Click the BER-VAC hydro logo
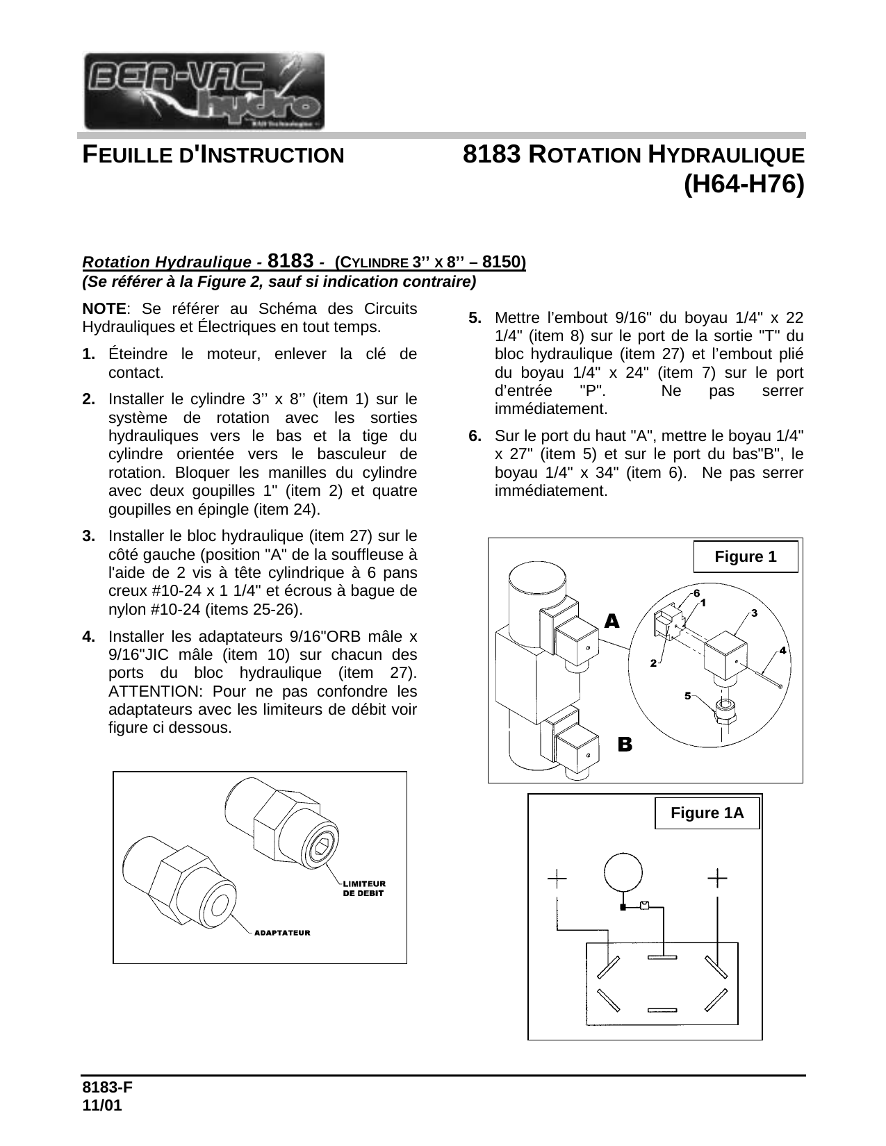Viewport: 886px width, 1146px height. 204,91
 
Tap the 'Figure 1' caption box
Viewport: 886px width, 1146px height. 745,557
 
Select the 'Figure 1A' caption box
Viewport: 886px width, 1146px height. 707,813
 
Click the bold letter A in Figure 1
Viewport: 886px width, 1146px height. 612,621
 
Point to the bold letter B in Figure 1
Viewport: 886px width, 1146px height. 625,745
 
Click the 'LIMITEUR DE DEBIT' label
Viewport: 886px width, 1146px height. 363,888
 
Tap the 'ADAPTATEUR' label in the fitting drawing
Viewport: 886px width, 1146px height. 282,932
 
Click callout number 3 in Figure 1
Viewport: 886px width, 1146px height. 754,613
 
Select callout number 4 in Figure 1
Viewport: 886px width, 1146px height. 782,651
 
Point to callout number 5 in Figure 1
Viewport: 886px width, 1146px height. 687,695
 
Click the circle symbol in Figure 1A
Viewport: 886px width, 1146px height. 624,873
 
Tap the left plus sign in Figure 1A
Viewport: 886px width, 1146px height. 557,879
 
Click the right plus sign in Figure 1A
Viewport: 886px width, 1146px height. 717,879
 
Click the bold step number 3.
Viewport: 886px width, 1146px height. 88,536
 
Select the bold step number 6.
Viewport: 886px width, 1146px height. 475,436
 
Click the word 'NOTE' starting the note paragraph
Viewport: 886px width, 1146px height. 104,308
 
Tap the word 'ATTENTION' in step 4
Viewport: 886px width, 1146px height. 147,692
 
